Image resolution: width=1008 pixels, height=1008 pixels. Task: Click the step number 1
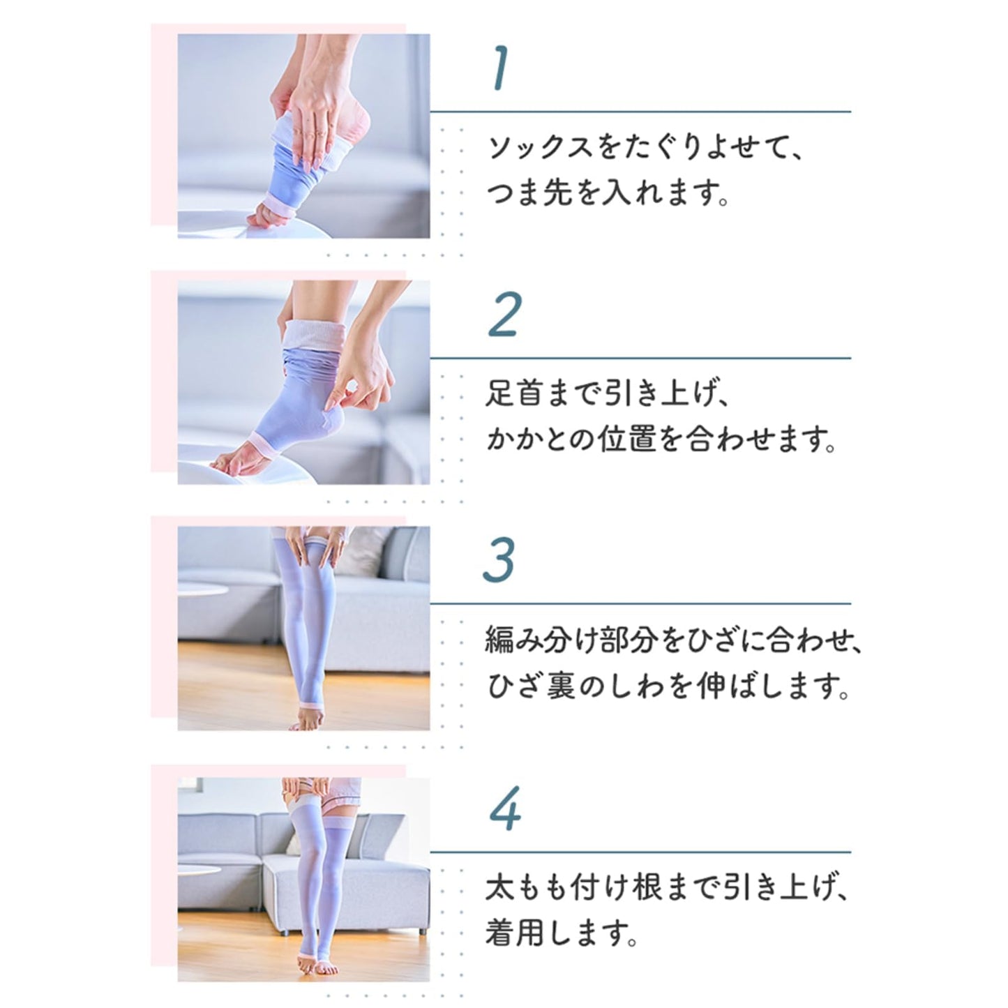[x=499, y=69]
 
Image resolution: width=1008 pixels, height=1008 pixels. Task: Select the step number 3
[x=499, y=560]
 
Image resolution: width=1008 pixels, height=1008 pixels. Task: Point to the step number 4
[x=505, y=808]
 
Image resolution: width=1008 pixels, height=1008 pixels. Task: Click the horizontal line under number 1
[x=640, y=111]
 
